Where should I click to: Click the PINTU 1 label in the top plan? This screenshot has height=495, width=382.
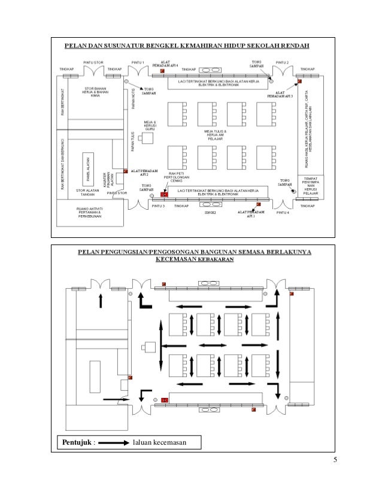[138, 63]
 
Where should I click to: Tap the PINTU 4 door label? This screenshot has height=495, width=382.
[283, 213]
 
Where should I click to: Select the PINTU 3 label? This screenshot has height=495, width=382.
[157, 206]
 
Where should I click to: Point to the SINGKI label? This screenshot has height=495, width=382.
[210, 212]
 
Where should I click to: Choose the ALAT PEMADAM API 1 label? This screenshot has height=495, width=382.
[251, 213]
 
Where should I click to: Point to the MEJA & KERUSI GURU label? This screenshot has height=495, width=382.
[150, 125]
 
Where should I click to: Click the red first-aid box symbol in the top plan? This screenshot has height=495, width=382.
[164, 195]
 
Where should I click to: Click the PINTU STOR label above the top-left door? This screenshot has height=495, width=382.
[95, 62]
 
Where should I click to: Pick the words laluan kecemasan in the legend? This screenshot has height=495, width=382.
[160, 443]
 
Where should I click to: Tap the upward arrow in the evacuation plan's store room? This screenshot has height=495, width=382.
[101, 300]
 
